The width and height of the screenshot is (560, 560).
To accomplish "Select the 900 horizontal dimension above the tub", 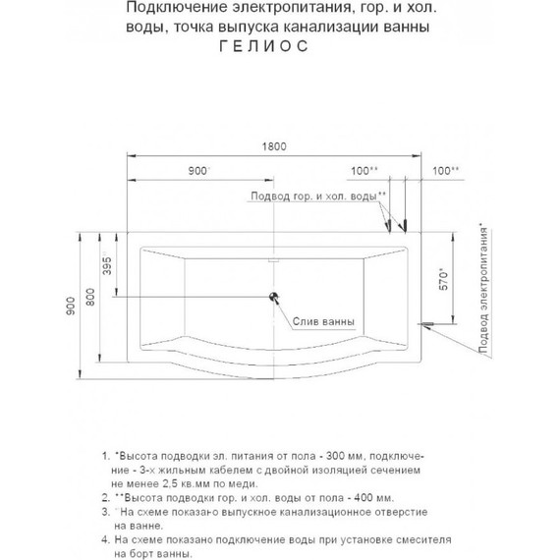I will click(198, 171).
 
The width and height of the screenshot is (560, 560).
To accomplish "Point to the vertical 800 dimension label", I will click(90, 297).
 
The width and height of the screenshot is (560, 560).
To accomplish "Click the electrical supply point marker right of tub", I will click(427, 321).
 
